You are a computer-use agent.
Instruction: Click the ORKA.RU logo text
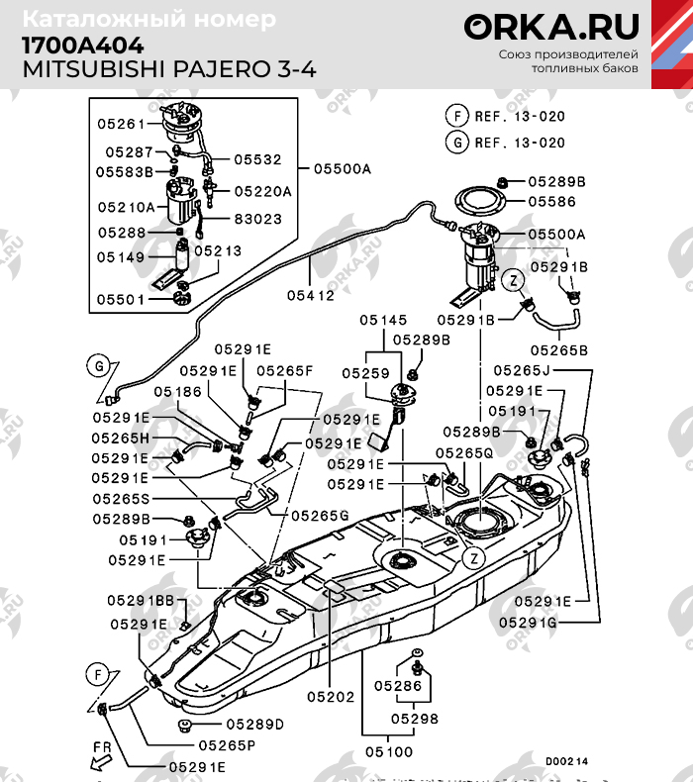point(551,27)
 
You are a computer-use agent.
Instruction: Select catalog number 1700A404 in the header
point(83,46)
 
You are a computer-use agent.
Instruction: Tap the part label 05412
point(310,296)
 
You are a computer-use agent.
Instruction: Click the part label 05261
point(121,124)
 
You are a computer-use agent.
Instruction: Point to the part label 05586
point(552,202)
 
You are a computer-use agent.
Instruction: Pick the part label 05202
point(331,697)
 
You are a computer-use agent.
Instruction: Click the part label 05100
point(389,751)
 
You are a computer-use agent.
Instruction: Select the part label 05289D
point(255,725)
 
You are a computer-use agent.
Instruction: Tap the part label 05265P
point(227,745)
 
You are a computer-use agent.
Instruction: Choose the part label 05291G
point(528,623)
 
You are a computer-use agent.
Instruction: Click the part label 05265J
point(522,370)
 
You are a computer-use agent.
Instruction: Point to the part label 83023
point(258,219)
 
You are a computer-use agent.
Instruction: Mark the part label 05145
point(383,320)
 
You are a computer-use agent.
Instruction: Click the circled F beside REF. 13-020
point(457,116)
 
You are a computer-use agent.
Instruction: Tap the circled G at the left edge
point(99,366)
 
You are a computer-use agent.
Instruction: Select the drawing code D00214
point(566,761)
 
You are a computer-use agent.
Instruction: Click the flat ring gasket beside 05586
point(480,202)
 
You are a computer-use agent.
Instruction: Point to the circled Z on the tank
point(473,558)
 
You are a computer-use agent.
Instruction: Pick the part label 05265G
point(320,515)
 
